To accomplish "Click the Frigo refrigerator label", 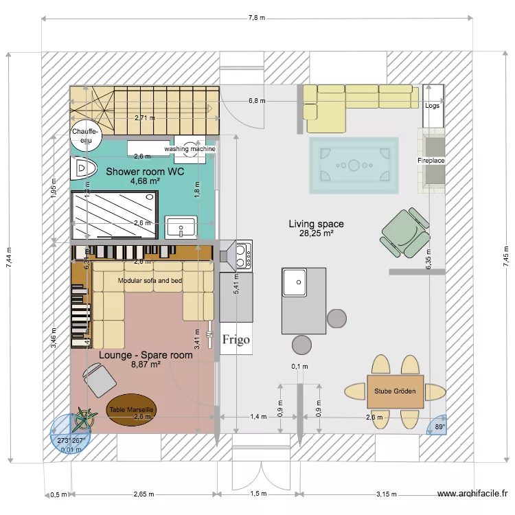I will tap(236, 339).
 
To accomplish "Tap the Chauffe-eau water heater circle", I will tap(86, 135).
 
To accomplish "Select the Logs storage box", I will tap(432, 105).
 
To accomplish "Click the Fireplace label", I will tap(431, 161).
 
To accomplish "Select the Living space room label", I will tap(316, 224).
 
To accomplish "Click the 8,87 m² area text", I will tap(146, 365).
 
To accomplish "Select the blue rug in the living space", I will tap(354, 165).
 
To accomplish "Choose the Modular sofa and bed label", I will tap(150, 281).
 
